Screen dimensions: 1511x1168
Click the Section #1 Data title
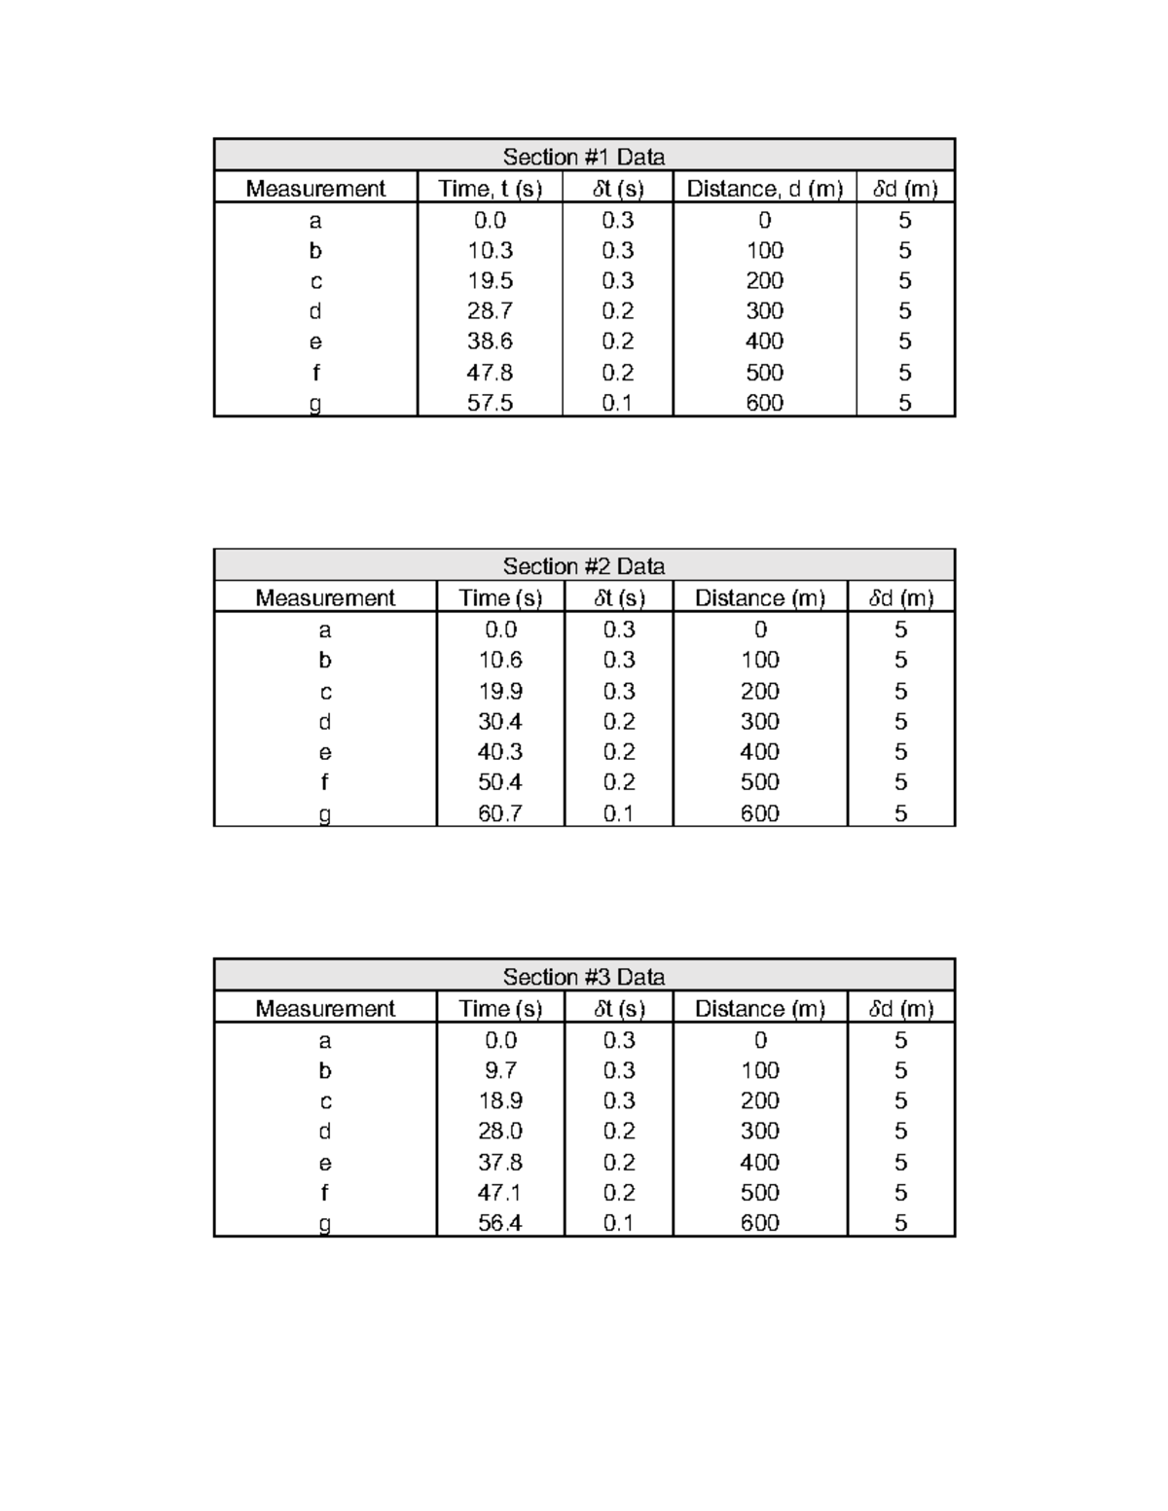[583, 157]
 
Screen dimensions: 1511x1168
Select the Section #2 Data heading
[583, 566]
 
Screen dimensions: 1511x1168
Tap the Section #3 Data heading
[583, 977]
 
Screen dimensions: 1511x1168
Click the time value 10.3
[490, 250]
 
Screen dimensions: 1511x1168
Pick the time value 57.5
[490, 403]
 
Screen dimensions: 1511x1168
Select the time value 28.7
[490, 310]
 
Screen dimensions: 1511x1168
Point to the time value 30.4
[499, 721]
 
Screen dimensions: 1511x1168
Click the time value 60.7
[499, 813]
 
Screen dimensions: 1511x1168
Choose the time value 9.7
[499, 1070]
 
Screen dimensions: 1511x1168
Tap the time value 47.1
[499, 1193]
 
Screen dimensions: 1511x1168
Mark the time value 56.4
[499, 1223]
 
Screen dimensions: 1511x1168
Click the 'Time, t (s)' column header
[490, 188]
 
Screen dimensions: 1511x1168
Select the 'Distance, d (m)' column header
[764, 188]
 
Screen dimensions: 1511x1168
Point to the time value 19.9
[499, 691]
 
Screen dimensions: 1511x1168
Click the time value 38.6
[490, 342]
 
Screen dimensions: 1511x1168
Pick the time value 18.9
[499, 1100]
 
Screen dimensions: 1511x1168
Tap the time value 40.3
[499, 752]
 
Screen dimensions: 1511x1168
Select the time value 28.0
[499, 1131]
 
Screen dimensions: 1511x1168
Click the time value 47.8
[490, 373]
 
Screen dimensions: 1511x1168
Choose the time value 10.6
[499, 660]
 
